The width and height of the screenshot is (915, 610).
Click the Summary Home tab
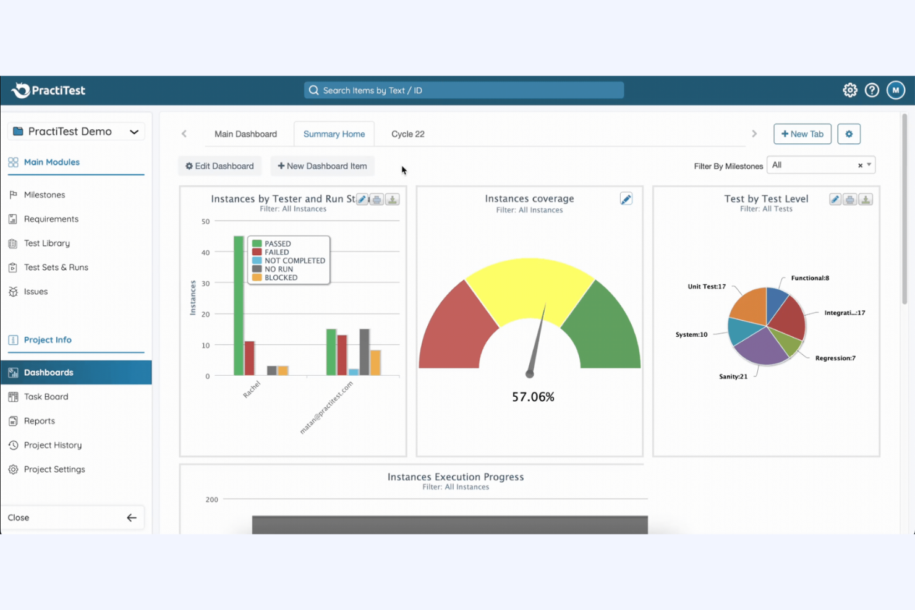point(334,134)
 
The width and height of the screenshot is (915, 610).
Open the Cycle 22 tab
point(407,134)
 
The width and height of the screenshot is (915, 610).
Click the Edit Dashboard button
point(219,166)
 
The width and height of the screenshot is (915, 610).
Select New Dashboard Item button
point(322,166)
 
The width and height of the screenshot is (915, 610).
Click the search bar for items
point(464,90)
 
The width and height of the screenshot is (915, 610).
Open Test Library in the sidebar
point(47,244)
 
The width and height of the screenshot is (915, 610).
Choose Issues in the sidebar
point(36,292)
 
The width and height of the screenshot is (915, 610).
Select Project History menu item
point(53,445)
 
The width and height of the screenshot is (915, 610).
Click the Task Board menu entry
point(46,397)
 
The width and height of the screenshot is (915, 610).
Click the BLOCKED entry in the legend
point(281,278)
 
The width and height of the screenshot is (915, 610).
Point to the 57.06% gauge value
point(533,397)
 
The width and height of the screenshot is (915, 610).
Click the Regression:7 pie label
point(835,358)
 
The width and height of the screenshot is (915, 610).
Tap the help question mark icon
point(872,90)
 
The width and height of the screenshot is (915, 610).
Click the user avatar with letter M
point(895,90)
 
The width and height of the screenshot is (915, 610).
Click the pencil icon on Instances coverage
point(626,199)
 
